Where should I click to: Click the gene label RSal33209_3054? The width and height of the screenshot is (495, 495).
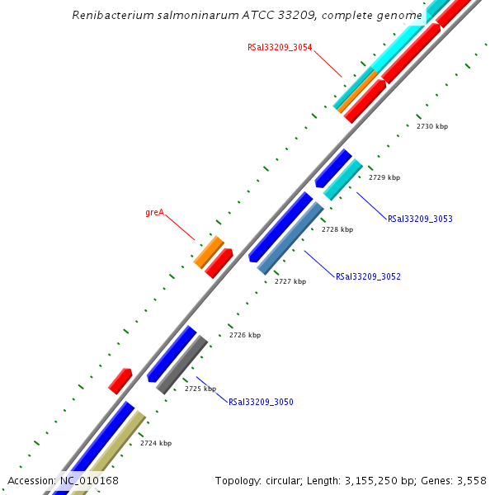point(280,48)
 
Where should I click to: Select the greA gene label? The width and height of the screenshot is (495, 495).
point(154,213)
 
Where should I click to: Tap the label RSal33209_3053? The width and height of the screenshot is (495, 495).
point(420,219)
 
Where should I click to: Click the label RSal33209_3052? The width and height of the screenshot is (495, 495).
point(368,277)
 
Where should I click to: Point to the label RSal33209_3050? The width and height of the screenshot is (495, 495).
point(261,403)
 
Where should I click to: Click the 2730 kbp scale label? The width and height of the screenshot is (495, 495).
point(432,126)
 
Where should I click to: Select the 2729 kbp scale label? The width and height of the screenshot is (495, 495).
point(384,177)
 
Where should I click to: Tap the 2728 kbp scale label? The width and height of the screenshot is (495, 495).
point(337,230)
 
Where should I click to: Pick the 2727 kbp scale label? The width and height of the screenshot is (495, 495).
point(290,282)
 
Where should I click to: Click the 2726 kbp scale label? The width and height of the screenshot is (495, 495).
point(244,335)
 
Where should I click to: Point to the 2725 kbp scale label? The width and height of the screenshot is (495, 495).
point(200,389)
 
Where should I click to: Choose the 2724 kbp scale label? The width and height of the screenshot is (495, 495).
point(156,444)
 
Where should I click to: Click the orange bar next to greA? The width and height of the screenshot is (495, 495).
point(209,252)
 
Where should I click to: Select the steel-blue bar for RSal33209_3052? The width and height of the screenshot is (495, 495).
point(290,238)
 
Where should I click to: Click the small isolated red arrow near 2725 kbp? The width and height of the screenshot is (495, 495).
point(120,380)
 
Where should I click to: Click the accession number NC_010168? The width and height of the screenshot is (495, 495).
point(89,480)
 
